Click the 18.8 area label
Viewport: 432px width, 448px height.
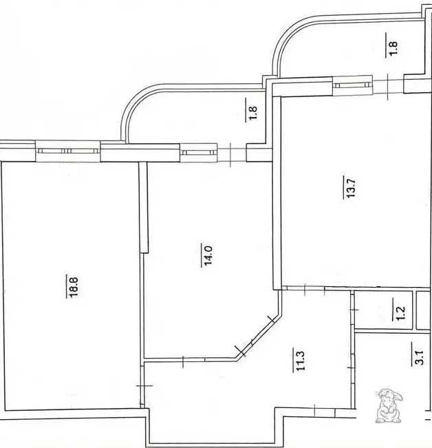72,286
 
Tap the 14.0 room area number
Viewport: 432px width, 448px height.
207,255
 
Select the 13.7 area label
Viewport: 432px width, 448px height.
349,187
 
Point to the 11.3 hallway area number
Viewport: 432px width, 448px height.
299,360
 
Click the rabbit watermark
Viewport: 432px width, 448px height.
388,406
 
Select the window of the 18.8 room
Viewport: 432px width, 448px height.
68,151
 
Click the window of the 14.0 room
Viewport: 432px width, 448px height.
198,153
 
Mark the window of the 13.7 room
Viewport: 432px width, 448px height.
353,85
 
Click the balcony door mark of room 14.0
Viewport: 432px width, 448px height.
230,155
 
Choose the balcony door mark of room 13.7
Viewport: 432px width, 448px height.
388,87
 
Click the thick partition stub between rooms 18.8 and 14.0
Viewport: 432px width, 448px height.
144,207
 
